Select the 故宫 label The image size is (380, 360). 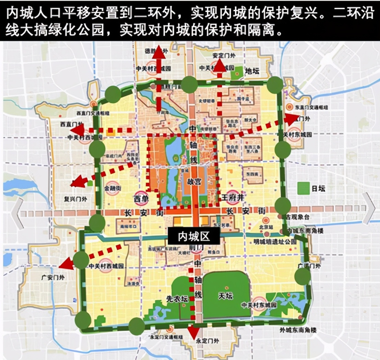click(x=193, y=181)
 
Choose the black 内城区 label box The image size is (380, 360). click(x=194, y=236)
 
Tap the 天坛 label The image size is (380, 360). click(x=225, y=296)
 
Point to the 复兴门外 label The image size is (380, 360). click(x=76, y=199)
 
